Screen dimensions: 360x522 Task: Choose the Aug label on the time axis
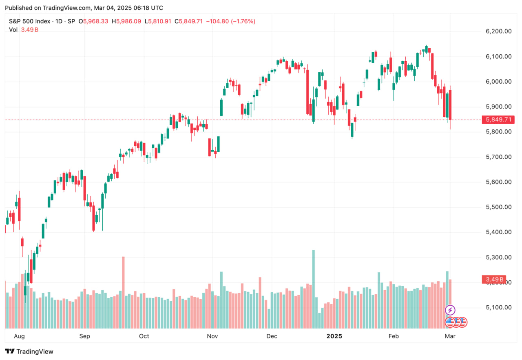click(19, 336)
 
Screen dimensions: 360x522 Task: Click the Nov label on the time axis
click(212, 336)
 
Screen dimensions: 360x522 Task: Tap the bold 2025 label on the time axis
click(335, 336)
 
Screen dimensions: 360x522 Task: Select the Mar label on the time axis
click(450, 336)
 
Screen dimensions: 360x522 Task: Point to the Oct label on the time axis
click(144, 336)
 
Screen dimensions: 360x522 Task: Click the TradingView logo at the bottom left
click(29, 351)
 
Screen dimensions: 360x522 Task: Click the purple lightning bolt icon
click(450, 310)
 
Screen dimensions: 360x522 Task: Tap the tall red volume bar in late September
click(123, 292)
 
